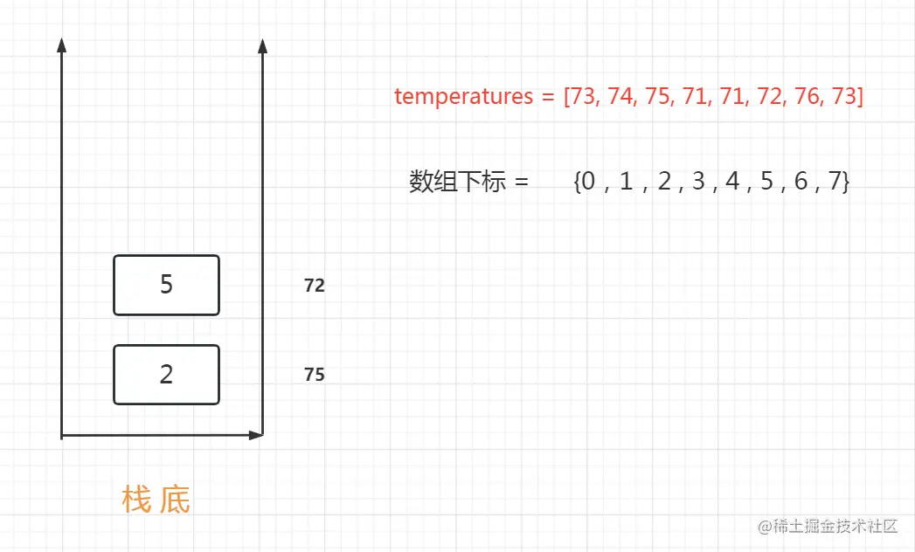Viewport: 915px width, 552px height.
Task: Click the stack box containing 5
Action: click(166, 285)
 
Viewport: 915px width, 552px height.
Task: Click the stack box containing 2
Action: click(166, 375)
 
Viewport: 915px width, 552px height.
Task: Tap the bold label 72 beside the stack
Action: click(315, 286)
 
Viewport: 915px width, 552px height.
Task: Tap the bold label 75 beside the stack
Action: click(315, 375)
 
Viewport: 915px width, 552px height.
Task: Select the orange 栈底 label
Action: click(156, 500)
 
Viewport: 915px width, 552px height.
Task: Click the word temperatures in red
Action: click(463, 96)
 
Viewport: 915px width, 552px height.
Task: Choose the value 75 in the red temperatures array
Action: click(657, 96)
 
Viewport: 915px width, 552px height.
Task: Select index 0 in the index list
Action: click(588, 182)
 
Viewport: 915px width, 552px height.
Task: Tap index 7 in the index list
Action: click(835, 182)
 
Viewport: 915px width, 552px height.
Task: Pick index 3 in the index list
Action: click(697, 182)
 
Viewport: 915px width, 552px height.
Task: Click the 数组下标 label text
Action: click(458, 182)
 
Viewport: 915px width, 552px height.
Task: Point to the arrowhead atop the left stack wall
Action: click(61, 45)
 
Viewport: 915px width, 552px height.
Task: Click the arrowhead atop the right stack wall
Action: click(263, 45)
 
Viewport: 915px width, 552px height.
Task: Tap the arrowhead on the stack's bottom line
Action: click(255, 434)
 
